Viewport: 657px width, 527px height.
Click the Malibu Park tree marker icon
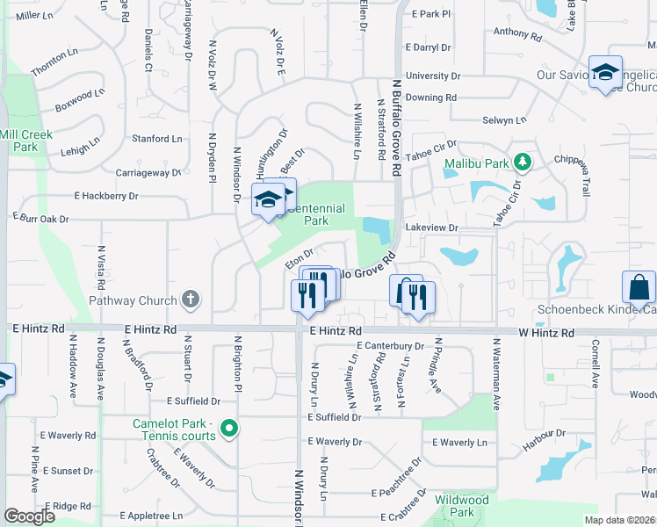coord(523,162)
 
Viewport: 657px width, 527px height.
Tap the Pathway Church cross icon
coord(192,300)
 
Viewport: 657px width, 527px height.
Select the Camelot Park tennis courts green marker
coord(229,430)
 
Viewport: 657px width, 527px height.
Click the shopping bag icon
coord(639,287)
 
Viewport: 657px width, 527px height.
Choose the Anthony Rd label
coord(515,32)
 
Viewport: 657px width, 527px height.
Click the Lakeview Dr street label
coord(431,227)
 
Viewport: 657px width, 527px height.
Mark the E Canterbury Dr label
coord(390,345)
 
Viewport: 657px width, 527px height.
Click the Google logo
coord(29,516)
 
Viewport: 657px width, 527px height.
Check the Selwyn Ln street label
coord(504,119)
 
